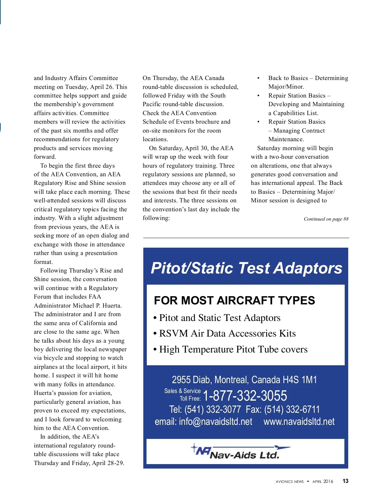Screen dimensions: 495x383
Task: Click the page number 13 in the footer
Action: tap(345, 481)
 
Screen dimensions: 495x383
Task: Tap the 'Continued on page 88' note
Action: tap(326, 219)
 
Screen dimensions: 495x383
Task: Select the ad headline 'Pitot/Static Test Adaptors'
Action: tap(246, 268)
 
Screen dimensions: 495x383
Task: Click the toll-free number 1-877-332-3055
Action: tap(245, 396)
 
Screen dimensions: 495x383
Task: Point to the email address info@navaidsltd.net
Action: tap(215, 422)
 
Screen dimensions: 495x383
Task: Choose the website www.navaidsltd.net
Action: tap(299, 422)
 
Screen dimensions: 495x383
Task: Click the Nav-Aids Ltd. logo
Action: tap(241, 452)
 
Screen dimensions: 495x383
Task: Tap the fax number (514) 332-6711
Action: tap(292, 410)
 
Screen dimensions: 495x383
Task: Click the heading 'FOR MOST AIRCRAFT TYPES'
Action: tap(234, 301)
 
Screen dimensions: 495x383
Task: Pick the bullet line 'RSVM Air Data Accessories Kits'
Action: tap(227, 333)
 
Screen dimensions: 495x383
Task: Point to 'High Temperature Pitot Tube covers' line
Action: tap(233, 349)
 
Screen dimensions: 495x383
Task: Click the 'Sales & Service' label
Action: tap(182, 391)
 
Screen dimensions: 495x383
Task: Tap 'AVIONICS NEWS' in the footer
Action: tap(289, 482)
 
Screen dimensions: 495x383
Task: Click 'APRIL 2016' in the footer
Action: tap(323, 482)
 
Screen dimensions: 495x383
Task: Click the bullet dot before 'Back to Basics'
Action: tap(258, 78)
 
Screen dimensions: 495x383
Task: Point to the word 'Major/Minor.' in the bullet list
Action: tap(286, 87)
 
